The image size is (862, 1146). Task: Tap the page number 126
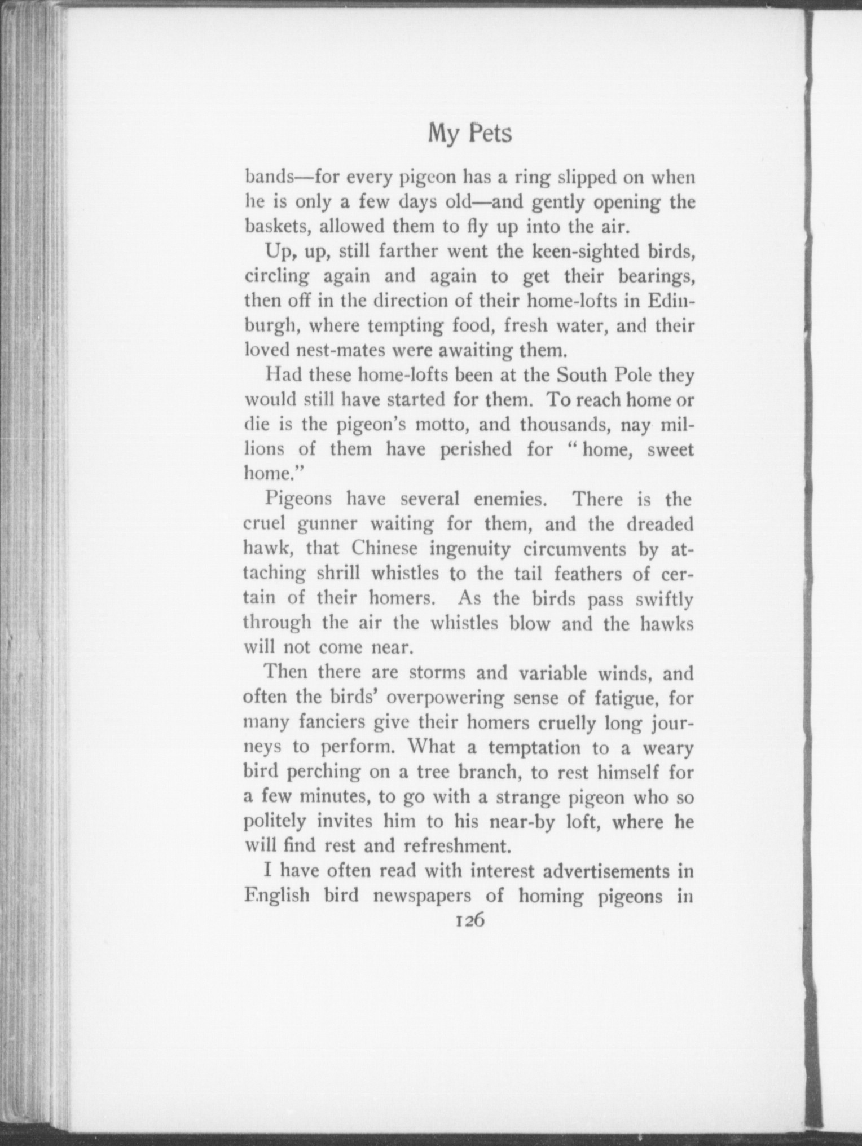[x=469, y=920]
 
